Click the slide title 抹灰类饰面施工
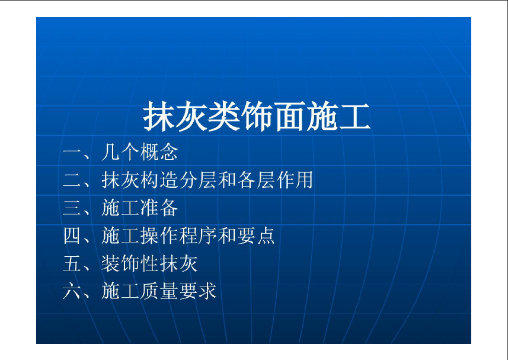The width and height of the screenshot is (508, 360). tap(257, 116)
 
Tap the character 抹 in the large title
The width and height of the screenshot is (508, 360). tap(159, 116)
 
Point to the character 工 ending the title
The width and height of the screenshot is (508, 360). tap(354, 117)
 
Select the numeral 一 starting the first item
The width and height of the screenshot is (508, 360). tap(72, 152)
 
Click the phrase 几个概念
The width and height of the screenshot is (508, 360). tap(140, 152)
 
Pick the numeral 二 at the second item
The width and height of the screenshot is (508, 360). tap(72, 180)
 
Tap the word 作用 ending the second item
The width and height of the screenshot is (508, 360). tap(294, 180)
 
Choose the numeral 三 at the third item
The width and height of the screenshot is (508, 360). tap(72, 208)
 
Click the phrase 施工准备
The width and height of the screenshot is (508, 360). tap(140, 208)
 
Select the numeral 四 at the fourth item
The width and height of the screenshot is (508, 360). tap(72, 235)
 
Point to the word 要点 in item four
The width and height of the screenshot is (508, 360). tap(255, 235)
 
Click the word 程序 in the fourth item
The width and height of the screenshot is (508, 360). tap(197, 235)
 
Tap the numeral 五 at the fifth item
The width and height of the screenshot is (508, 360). tap(72, 263)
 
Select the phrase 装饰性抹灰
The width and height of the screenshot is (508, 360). tap(149, 263)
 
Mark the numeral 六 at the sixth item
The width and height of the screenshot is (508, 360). tap(72, 291)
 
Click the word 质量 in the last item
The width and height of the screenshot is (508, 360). tap(159, 291)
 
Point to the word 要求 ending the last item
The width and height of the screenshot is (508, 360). tap(197, 291)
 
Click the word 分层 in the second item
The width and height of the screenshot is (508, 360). tap(197, 180)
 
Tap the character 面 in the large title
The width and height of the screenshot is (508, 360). tap(289, 117)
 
